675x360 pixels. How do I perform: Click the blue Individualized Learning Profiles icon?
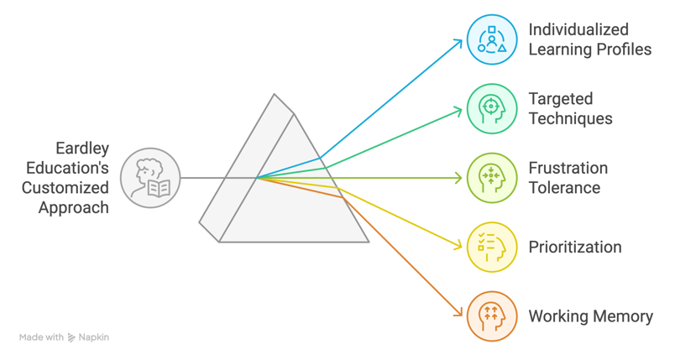tap(492, 39)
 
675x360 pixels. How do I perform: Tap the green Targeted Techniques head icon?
tap(492, 108)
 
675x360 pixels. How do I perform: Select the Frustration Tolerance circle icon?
tap(492, 178)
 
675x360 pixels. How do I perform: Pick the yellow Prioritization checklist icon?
tap(492, 247)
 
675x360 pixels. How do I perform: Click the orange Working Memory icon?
tap(492, 316)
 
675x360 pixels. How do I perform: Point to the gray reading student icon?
tap(151, 178)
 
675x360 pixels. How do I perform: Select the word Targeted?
tap(561, 98)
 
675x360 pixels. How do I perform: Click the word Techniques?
tap(570, 118)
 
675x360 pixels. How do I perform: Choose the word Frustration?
tap(568, 168)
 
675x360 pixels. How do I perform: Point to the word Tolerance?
tap(564, 188)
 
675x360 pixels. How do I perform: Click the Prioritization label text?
tap(575, 248)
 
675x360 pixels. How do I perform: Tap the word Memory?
tap(623, 316)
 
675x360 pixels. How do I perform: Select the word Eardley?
tap(82, 149)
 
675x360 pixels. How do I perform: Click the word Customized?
tap(65, 188)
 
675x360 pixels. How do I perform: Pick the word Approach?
tap(74, 207)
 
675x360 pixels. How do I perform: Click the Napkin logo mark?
tap(72, 337)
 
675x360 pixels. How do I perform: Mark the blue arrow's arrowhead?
tap(460, 41)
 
